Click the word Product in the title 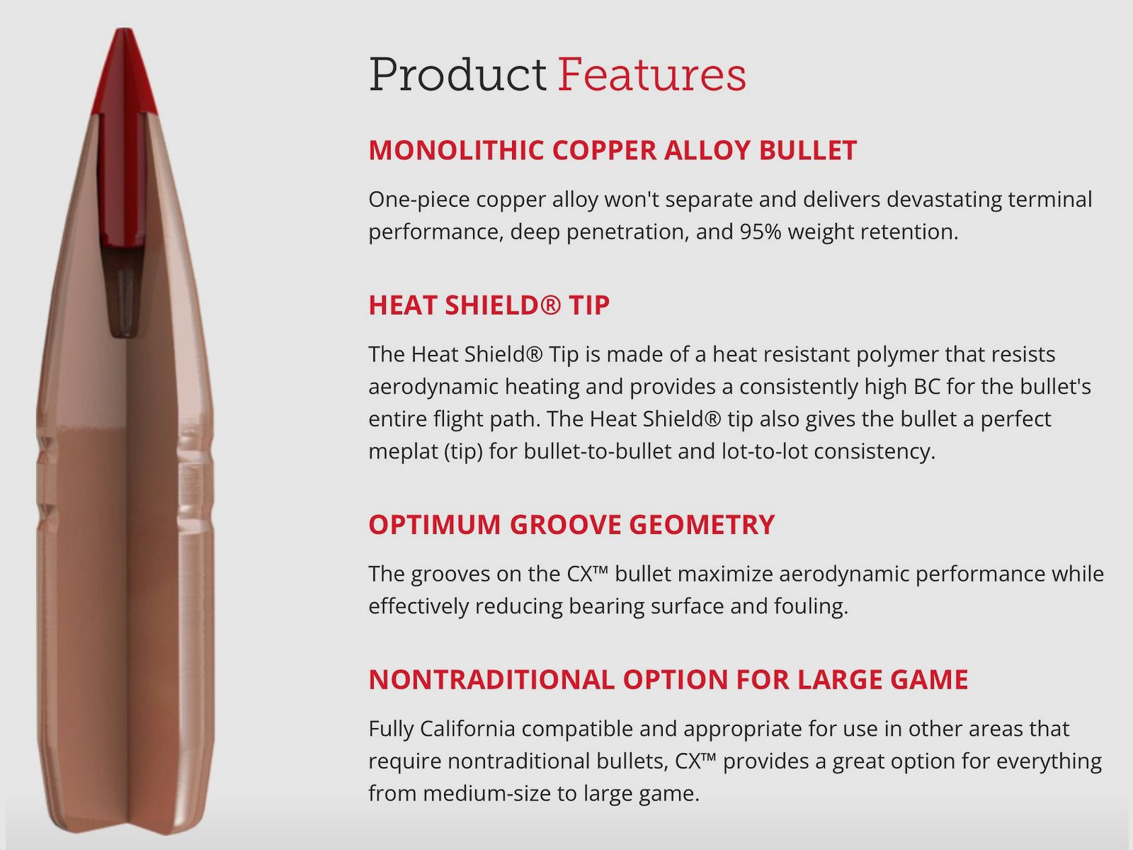click(457, 75)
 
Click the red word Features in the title click(651, 75)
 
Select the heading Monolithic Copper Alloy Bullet click(613, 150)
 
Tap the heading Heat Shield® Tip click(489, 305)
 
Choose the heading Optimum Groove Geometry click(571, 525)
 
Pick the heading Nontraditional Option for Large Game click(668, 680)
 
